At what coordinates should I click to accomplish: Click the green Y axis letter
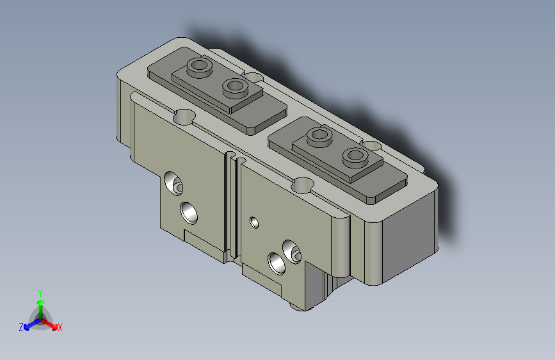click(x=40, y=293)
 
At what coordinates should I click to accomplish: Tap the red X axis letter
click(x=60, y=327)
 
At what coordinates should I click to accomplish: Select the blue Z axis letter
click(x=21, y=327)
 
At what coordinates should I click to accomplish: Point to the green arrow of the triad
click(x=41, y=309)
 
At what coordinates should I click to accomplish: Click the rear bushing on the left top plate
click(x=199, y=67)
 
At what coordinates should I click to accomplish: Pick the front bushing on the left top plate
click(x=235, y=88)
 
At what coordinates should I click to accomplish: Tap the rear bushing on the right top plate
click(x=319, y=136)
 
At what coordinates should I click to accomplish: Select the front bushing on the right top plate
click(x=355, y=156)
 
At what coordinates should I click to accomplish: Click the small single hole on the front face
click(x=254, y=222)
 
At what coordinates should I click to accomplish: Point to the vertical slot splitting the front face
click(x=232, y=208)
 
